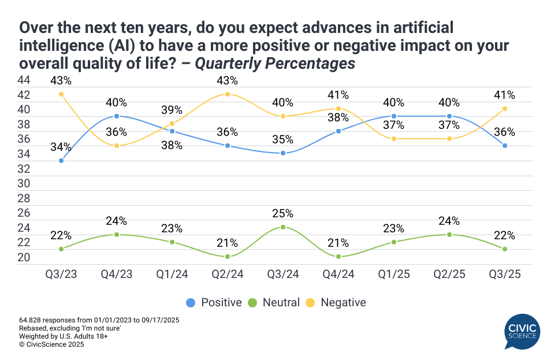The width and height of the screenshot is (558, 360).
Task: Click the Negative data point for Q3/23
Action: (x=61, y=94)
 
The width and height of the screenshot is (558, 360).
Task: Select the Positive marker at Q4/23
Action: (x=117, y=116)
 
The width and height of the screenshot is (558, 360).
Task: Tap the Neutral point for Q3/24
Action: (x=283, y=227)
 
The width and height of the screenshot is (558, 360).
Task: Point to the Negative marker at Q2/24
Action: (x=228, y=94)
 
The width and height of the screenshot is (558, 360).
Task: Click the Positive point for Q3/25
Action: (x=505, y=146)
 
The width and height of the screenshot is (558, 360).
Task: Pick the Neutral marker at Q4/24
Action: (x=338, y=257)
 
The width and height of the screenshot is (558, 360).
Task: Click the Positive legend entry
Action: (x=214, y=302)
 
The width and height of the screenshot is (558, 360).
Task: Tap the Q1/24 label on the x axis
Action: (x=172, y=275)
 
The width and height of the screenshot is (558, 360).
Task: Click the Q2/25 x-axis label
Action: (x=449, y=275)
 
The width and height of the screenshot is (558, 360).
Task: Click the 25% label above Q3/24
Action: (x=283, y=213)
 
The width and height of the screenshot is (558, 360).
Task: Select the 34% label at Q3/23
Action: (x=61, y=146)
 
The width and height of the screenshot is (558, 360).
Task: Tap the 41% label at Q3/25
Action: (x=504, y=95)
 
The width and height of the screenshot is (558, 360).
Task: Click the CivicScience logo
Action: (x=521, y=331)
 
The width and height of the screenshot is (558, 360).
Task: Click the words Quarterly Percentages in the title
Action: (x=275, y=63)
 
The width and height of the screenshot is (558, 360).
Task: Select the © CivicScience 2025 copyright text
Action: (x=52, y=344)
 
